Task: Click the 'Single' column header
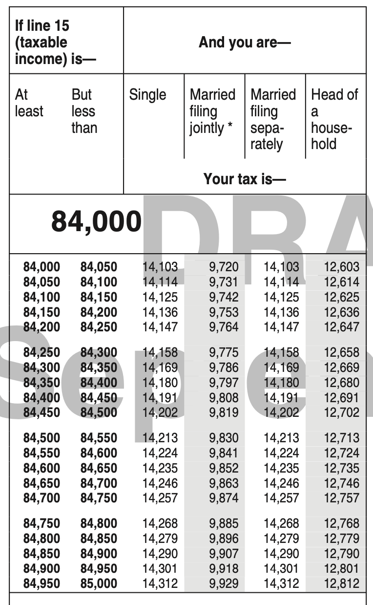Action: (147, 95)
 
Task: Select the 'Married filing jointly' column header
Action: (212, 111)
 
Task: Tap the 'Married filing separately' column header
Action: (273, 119)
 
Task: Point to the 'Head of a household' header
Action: (334, 119)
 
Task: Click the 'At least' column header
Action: (29, 103)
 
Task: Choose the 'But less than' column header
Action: (84, 111)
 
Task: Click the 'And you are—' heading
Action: (244, 43)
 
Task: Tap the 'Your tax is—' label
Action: (244, 179)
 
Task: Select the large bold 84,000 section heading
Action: (96, 222)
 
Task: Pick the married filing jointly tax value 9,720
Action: (224, 267)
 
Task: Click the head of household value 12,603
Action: (341, 267)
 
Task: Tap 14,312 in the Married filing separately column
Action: (281, 583)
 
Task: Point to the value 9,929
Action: (224, 583)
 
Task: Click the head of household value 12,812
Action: (341, 583)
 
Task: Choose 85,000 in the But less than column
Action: (99, 583)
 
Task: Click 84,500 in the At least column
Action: (42, 438)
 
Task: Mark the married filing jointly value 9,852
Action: (224, 468)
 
